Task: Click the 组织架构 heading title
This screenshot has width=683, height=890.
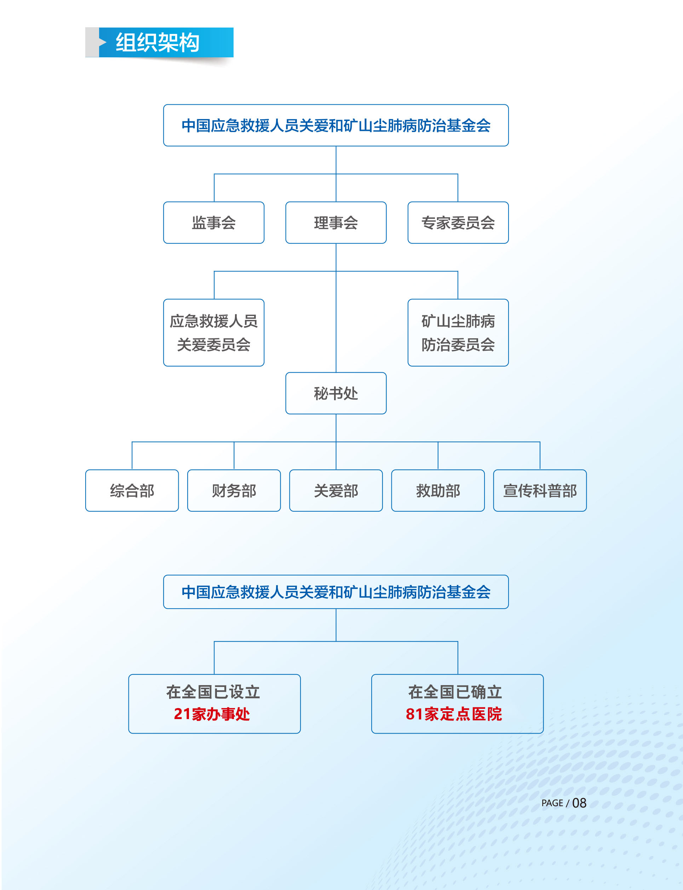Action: (x=157, y=42)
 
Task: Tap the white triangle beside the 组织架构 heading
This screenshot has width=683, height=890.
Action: (x=103, y=42)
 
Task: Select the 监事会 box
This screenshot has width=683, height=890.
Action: (x=213, y=222)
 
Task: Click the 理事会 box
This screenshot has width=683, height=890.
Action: (x=336, y=222)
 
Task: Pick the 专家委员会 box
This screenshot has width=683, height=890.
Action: (x=458, y=222)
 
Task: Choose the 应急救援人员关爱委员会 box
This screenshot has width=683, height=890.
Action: (x=213, y=333)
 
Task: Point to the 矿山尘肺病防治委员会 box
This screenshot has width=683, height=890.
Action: (x=458, y=333)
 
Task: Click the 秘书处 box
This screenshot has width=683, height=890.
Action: (x=336, y=393)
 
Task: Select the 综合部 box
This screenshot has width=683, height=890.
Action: (x=132, y=490)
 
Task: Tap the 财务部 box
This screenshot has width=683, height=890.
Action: (x=234, y=490)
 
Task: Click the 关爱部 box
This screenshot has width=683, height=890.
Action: (x=336, y=490)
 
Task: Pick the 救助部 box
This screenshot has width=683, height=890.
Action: (x=438, y=490)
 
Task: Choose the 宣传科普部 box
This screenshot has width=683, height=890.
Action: (x=540, y=490)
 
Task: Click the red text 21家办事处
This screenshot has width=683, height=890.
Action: (x=212, y=714)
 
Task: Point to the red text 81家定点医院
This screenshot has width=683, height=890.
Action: (x=454, y=714)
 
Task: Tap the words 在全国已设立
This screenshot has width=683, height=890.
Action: (x=213, y=692)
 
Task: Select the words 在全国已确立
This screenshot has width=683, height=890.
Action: (x=455, y=692)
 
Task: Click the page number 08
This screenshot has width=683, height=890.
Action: (x=579, y=803)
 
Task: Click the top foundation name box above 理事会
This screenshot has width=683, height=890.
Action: (x=336, y=125)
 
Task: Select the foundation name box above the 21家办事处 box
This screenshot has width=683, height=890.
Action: (x=336, y=592)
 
